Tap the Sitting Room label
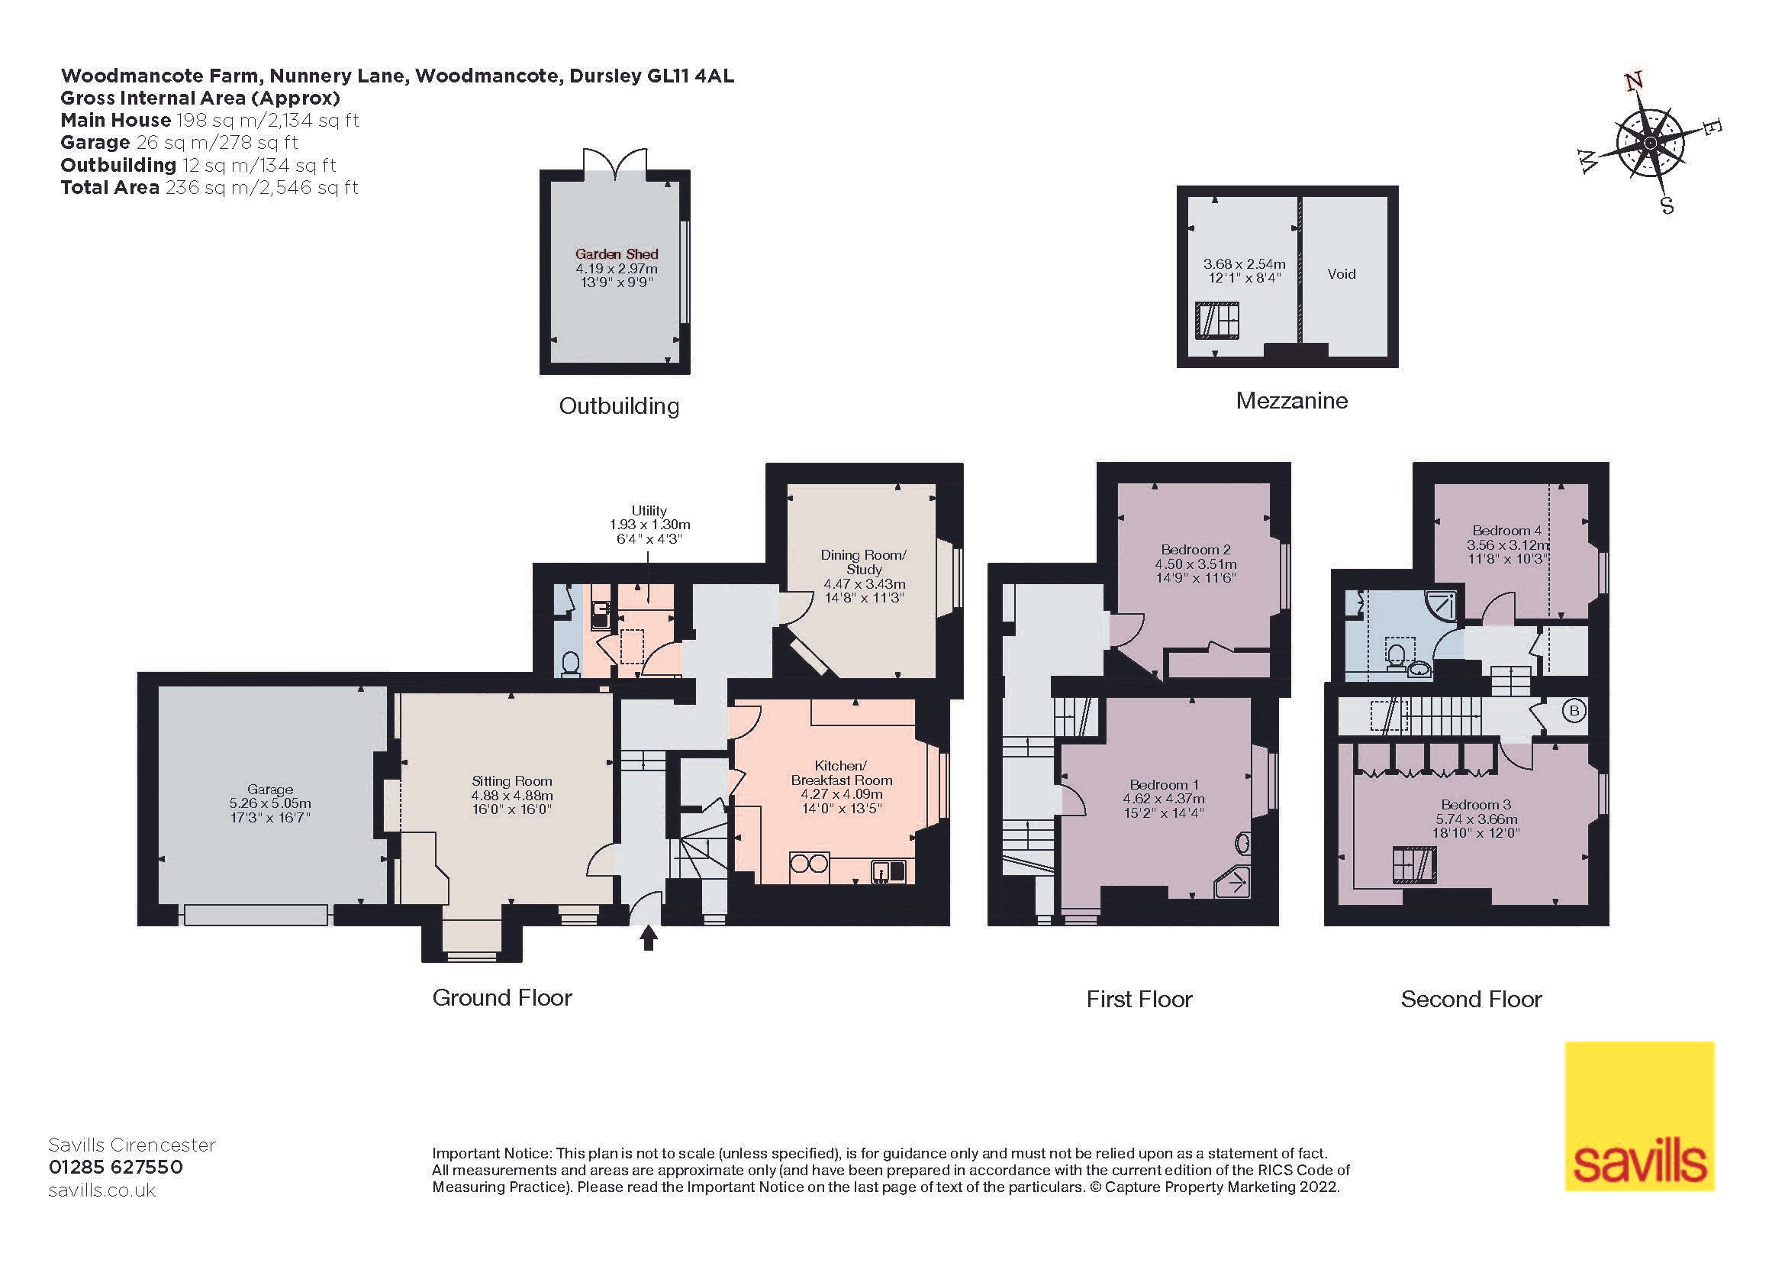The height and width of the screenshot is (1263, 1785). [x=511, y=781]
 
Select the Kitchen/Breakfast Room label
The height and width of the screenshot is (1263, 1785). [x=841, y=773]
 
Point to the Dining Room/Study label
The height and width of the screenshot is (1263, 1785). [x=864, y=561]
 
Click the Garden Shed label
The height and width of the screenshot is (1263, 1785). [x=617, y=254]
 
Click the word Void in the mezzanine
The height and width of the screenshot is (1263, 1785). [x=1341, y=274]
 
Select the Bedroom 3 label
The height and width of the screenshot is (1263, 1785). [x=1476, y=804]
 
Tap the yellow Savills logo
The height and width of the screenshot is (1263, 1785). [x=1638, y=1117]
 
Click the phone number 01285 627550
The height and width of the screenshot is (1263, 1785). [x=116, y=1168]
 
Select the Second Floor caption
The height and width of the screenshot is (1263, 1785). [x=1471, y=1000]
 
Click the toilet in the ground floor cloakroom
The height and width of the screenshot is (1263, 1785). [x=570, y=664]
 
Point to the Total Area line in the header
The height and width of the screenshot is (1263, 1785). [x=209, y=187]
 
